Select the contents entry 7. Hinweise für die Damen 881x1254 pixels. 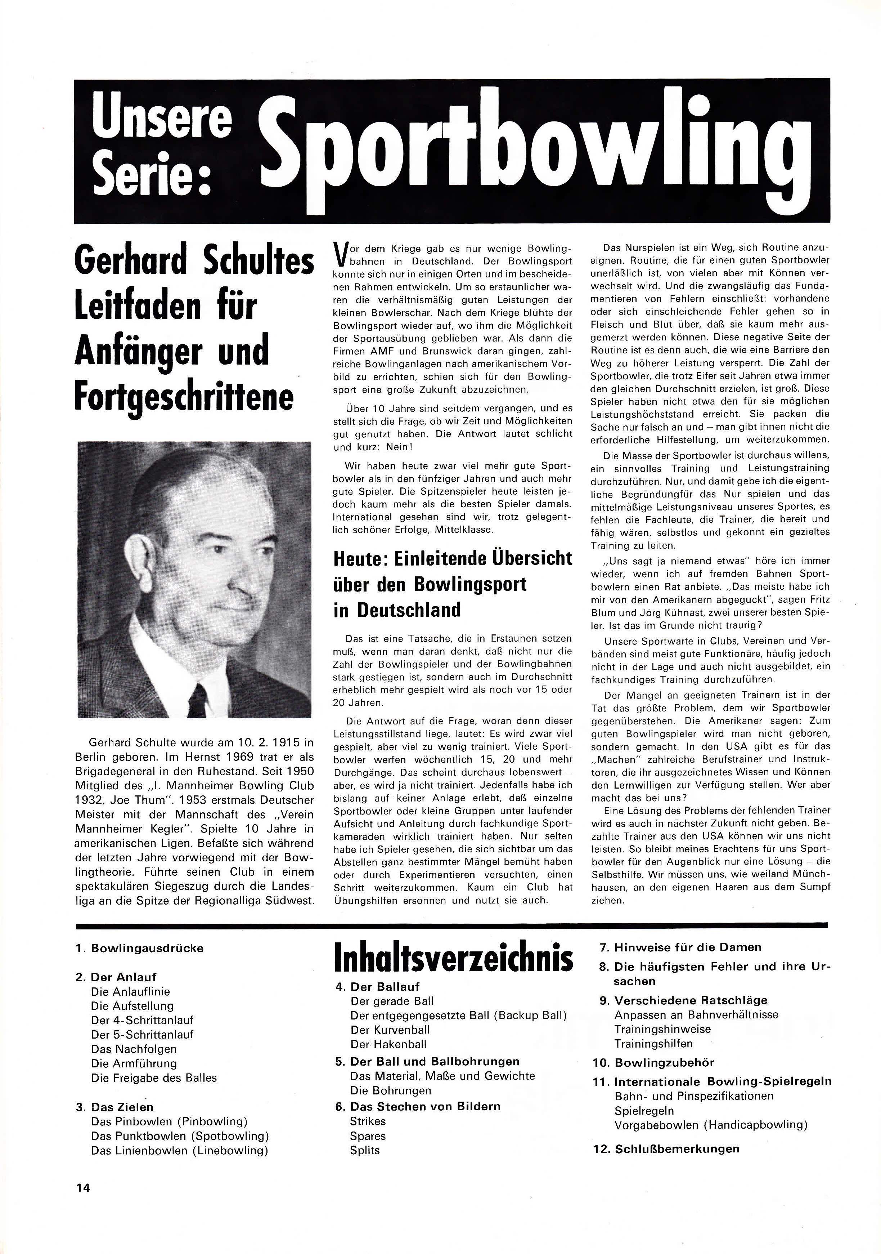tap(680, 947)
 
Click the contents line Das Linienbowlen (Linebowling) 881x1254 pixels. tap(180, 1150)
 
